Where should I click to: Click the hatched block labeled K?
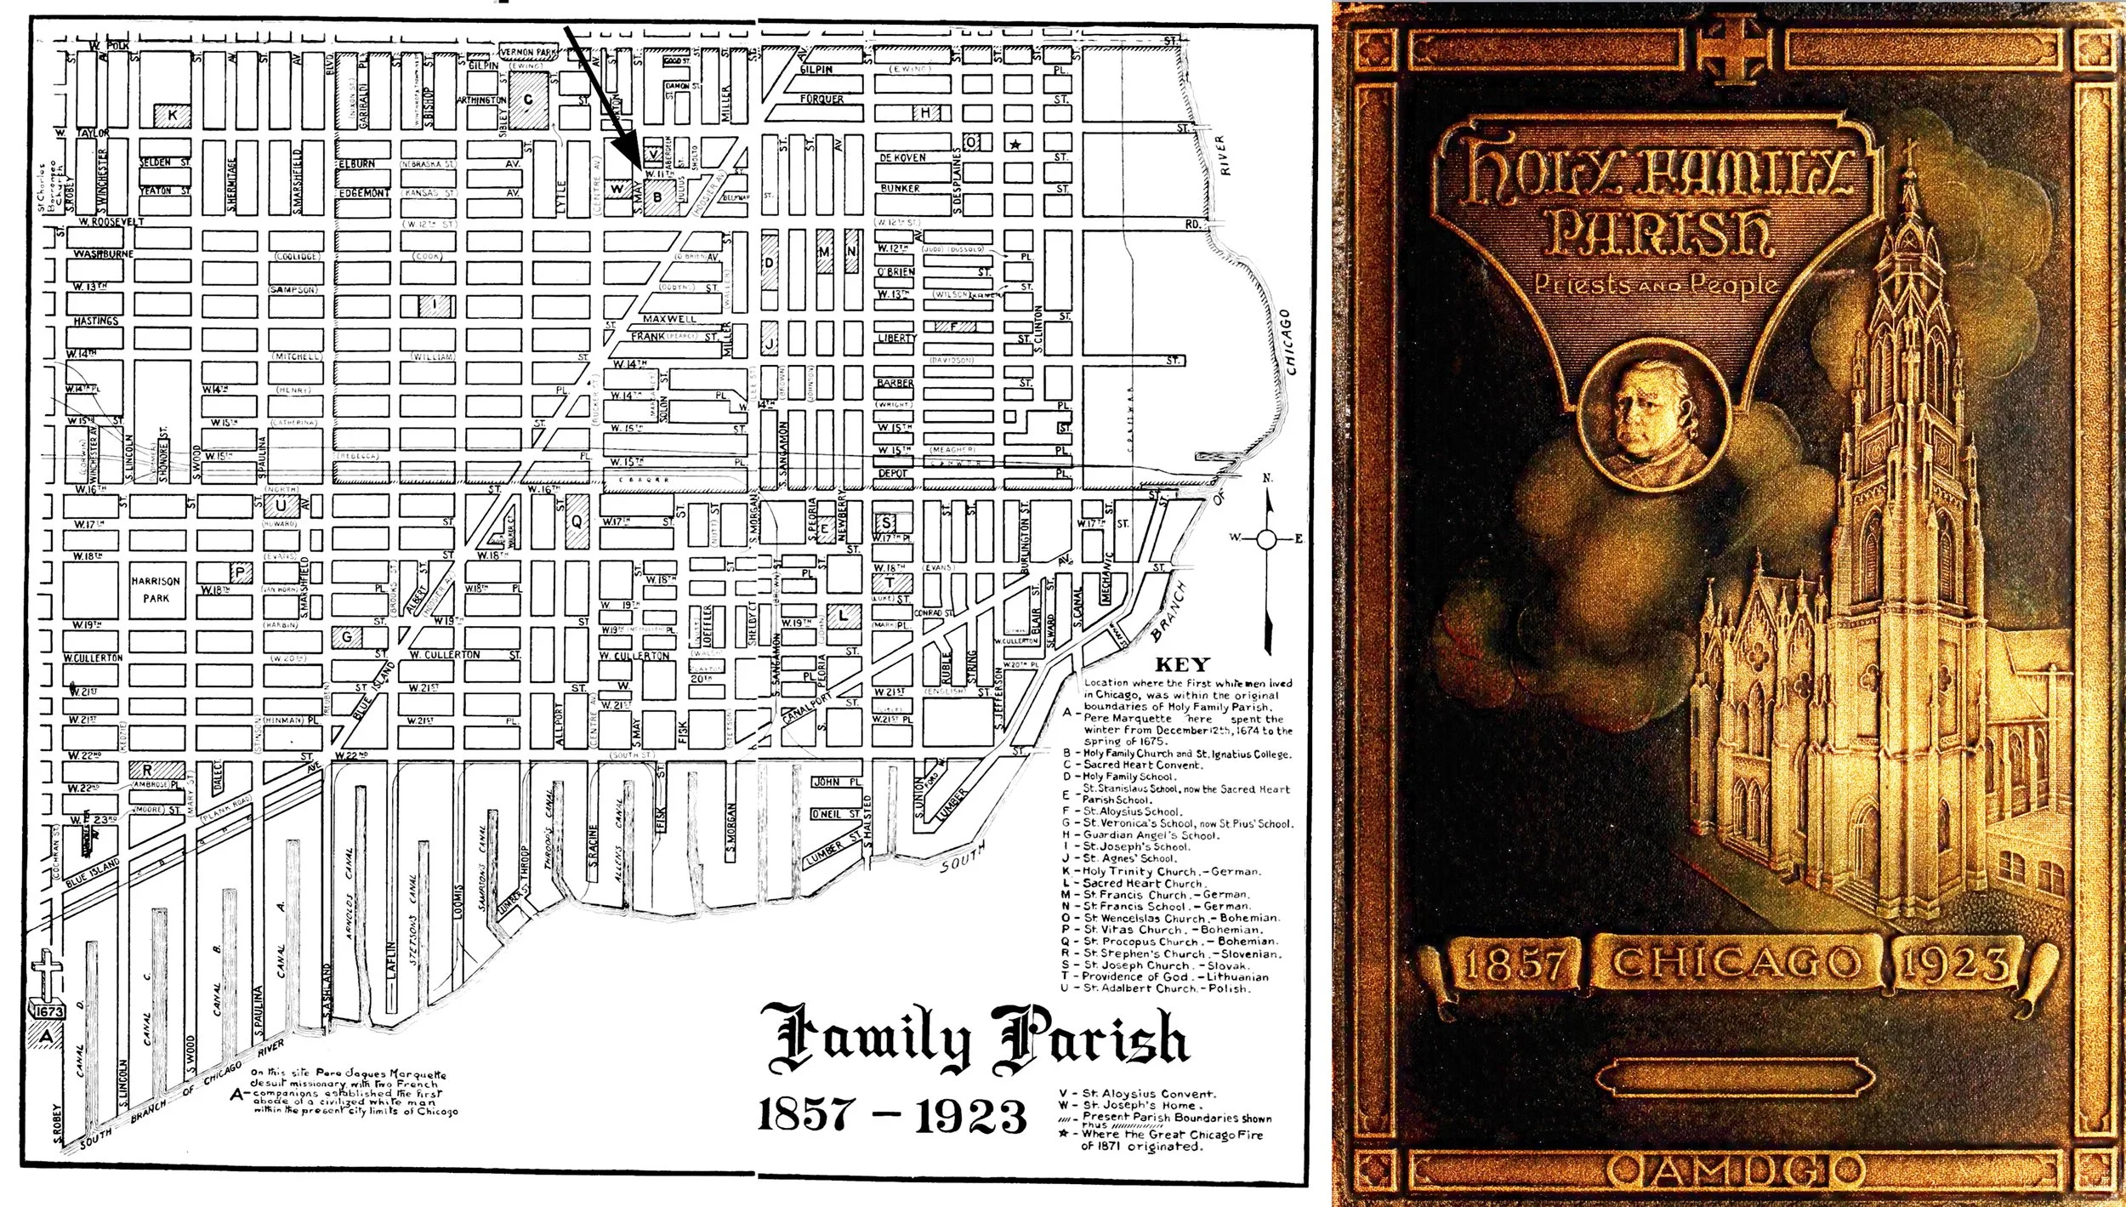[x=172, y=117]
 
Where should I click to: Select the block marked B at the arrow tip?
[x=656, y=196]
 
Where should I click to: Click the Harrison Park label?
[x=156, y=589]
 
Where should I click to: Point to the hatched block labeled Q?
[x=577, y=521]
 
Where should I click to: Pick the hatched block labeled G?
[x=347, y=636]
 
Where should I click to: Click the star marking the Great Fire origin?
[x=1014, y=144]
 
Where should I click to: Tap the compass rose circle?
[x=1267, y=538]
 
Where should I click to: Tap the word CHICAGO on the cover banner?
[x=1735, y=963]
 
